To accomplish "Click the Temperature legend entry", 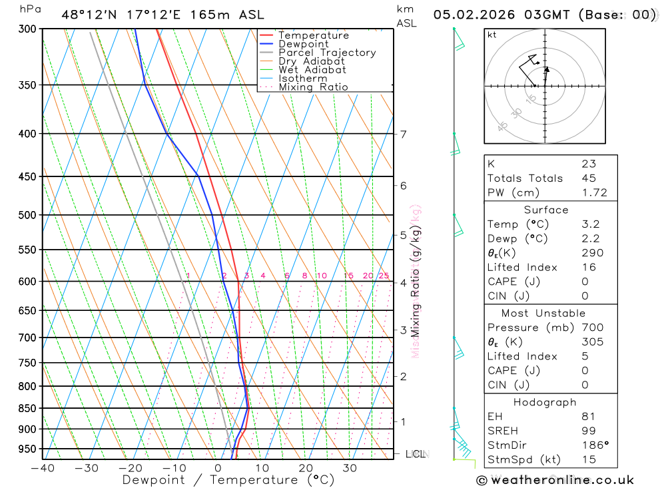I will pos(313,35).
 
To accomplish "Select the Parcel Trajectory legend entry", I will pos(327,53).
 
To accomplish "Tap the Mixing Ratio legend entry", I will pos(313,87).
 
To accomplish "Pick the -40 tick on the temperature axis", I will pos(42,468).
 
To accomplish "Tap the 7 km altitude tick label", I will pos(403,134).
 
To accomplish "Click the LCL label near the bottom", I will pos(416,454).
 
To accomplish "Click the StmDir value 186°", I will pos(593,445).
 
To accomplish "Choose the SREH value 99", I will pos(589,431).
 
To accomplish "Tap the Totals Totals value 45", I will pos(589,178).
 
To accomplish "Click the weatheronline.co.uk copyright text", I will pos(555,480).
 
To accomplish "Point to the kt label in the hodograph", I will pos(492,35).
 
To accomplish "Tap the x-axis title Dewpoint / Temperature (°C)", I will pos(228,480).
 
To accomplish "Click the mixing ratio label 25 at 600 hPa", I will pos(384,276).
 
